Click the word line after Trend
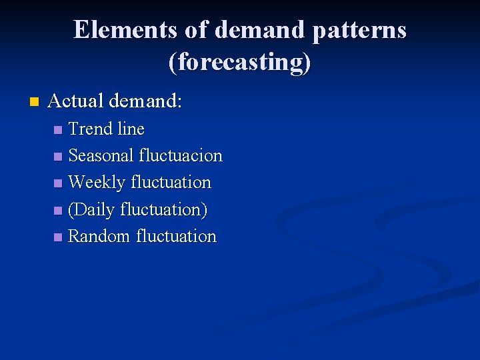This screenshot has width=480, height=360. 131,129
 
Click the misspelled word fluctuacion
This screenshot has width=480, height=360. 181,156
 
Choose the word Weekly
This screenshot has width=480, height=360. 97,183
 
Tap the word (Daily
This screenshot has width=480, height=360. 91,210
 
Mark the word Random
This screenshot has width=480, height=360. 99,237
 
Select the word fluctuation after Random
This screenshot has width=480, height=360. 177,237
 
